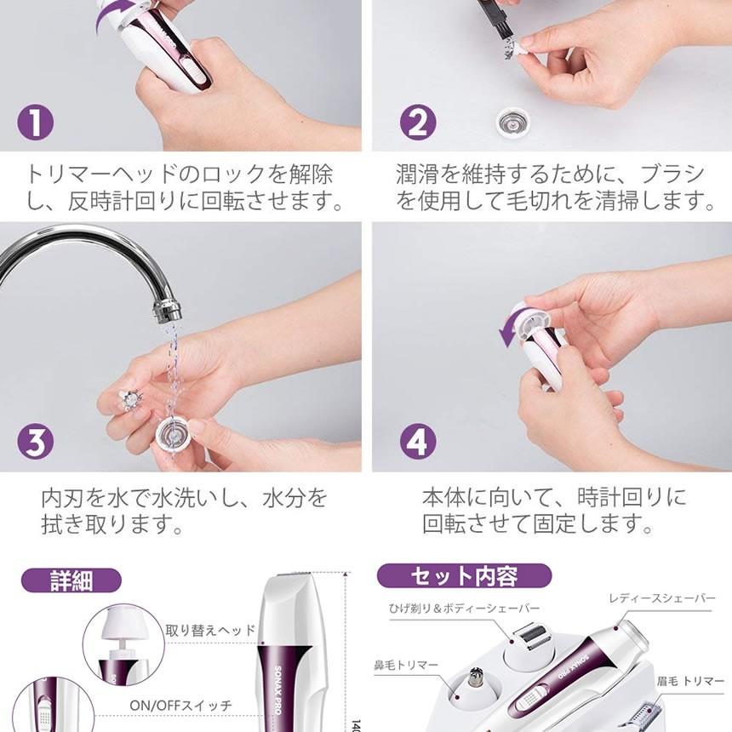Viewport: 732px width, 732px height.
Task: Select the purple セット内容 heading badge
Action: (x=464, y=576)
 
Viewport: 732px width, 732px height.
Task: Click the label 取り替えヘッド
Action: (x=210, y=631)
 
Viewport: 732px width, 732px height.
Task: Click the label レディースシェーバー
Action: (x=661, y=599)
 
